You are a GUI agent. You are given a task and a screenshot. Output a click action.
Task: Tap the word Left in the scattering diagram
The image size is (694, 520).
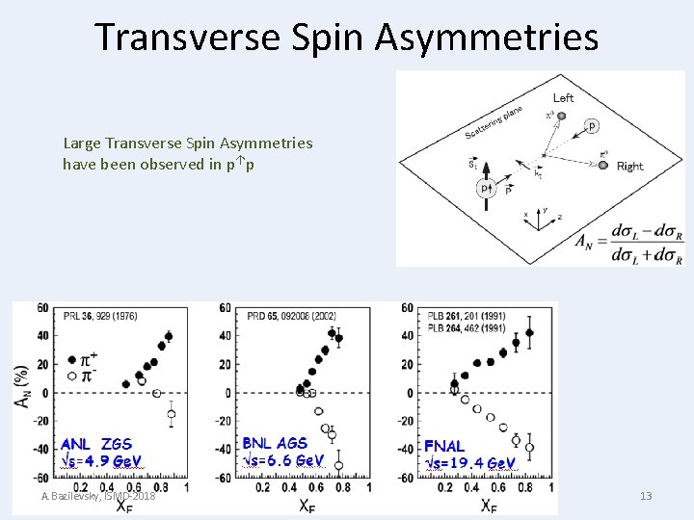pos(563,97)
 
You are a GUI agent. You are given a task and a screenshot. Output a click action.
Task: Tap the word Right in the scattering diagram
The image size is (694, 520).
pos(629,166)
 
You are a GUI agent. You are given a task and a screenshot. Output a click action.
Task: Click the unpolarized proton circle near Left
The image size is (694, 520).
pos(592,125)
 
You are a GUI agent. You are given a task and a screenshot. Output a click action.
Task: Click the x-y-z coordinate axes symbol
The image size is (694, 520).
pos(537,218)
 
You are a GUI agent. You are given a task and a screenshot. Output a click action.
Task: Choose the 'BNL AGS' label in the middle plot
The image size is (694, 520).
pos(275,443)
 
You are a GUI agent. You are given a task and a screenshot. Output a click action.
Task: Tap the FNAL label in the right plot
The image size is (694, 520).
pos(444,446)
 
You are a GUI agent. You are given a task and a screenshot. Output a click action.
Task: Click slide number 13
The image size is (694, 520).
pos(646,496)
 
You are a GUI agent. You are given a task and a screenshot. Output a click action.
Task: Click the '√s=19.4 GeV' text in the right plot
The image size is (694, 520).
pos(470,463)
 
